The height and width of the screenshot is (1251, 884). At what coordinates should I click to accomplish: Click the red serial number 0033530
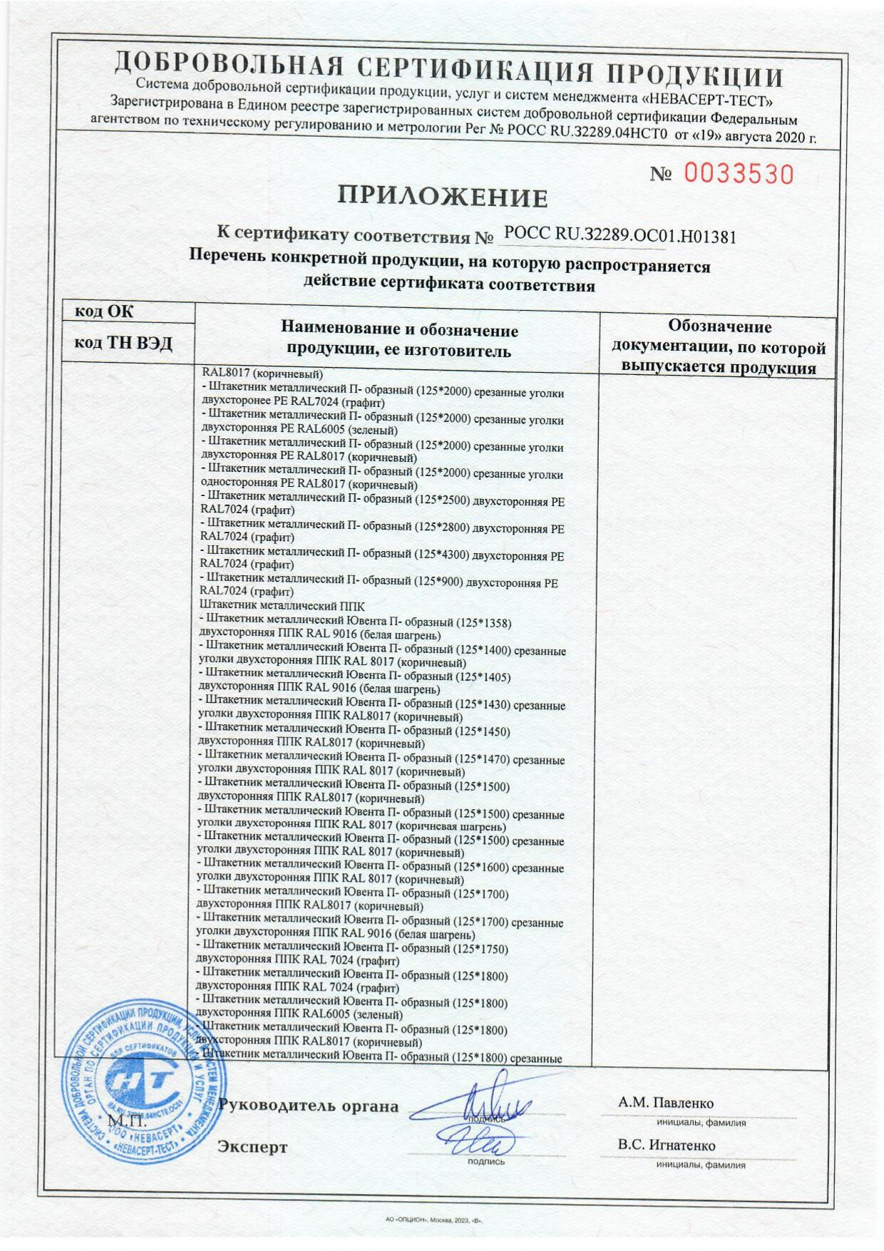coord(739,174)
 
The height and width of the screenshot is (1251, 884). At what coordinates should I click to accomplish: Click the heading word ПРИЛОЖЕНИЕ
coord(442,197)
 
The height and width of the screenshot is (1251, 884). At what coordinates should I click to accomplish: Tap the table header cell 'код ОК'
coord(104,312)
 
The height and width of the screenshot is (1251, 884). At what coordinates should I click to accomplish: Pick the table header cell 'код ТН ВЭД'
coord(124,344)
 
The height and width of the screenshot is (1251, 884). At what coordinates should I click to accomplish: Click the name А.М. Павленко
coord(666,1103)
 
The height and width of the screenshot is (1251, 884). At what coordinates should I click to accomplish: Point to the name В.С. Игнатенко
coord(667,1146)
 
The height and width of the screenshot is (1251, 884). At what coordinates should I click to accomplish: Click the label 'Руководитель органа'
coord(309,1106)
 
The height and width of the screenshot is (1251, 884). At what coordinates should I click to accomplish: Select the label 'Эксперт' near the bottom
coord(252,1147)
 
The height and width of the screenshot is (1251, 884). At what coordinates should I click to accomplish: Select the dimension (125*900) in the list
coord(437,581)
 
